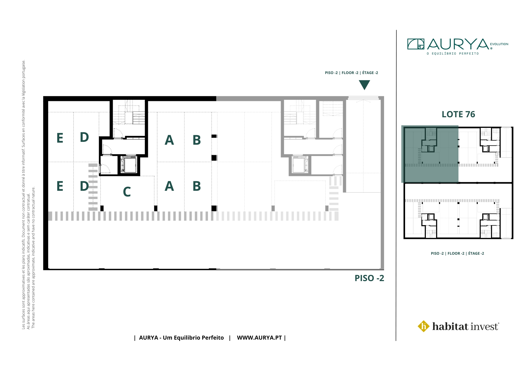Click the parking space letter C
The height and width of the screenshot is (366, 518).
127,192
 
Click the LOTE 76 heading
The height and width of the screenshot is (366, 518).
458,114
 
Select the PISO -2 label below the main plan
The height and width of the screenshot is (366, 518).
369,278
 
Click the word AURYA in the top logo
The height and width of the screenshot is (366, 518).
458,44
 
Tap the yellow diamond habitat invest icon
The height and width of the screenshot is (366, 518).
424,326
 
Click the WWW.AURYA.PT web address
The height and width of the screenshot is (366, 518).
259,338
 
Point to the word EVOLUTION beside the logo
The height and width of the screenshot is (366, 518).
499,44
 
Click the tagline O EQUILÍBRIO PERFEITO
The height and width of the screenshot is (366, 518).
453,54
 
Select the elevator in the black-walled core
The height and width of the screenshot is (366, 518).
129,165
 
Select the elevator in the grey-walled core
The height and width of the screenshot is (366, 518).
300,165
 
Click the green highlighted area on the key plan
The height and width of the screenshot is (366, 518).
430,154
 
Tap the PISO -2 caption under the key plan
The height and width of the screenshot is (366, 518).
457,253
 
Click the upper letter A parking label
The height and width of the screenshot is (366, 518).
169,140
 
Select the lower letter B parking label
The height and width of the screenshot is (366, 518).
197,186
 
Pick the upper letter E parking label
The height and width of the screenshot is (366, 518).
60,138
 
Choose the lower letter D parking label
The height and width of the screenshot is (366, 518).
84,186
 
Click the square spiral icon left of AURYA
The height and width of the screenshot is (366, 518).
416,44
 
